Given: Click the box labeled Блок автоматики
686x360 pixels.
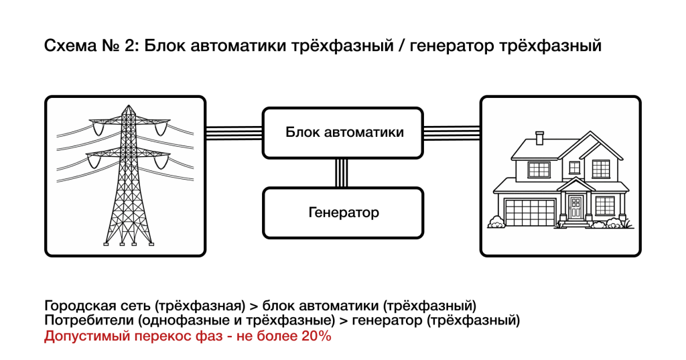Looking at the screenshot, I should [343, 132].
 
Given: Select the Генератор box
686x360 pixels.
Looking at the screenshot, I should [343, 213].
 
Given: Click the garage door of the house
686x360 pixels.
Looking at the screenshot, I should [530, 214].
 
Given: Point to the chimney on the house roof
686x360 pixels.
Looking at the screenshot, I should [540, 138].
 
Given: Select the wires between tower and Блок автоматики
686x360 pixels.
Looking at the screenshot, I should [234, 132].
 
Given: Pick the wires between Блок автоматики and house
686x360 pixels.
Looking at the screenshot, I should [452, 132].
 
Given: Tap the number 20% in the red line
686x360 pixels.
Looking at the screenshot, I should [314, 336].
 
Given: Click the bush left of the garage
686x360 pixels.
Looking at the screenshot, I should [496, 222].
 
